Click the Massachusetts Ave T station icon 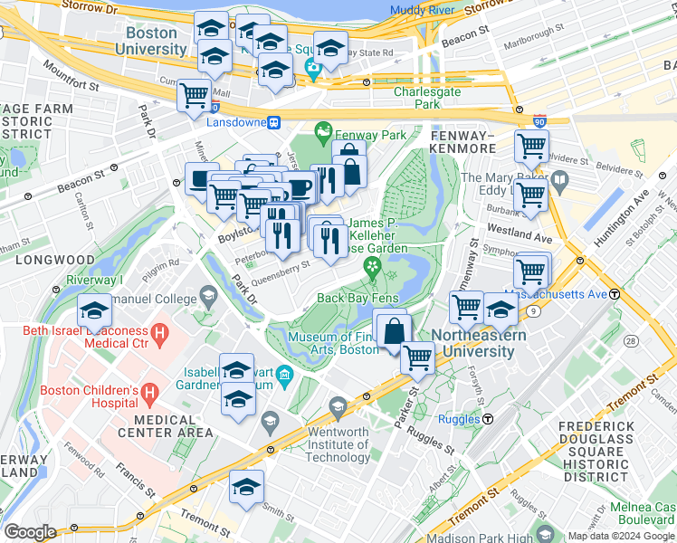coord(615,294)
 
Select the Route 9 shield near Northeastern coord(534,312)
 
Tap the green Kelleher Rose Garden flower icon coord(371,266)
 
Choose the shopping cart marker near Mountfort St coord(194,95)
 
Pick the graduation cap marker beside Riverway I coord(94,311)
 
